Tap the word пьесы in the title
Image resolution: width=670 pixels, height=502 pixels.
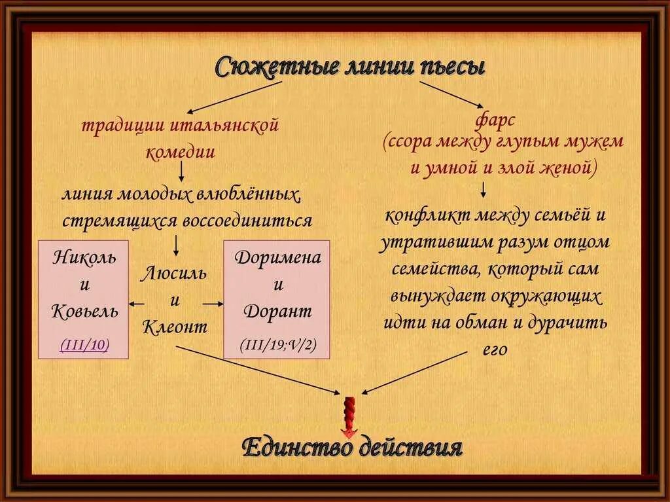(x=452, y=67)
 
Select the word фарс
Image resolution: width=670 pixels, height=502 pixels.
(x=497, y=120)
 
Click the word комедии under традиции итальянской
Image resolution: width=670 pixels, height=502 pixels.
(x=180, y=151)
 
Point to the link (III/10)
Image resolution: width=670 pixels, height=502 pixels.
(x=84, y=345)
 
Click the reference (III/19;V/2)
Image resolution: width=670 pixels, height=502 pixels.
(x=277, y=345)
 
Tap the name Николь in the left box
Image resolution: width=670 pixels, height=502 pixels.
(x=84, y=256)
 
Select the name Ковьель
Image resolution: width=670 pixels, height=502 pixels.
(x=84, y=311)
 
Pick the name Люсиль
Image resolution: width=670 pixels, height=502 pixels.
(x=174, y=273)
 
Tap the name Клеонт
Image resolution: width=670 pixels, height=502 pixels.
(x=174, y=327)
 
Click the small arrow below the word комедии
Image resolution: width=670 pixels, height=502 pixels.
(x=181, y=171)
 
